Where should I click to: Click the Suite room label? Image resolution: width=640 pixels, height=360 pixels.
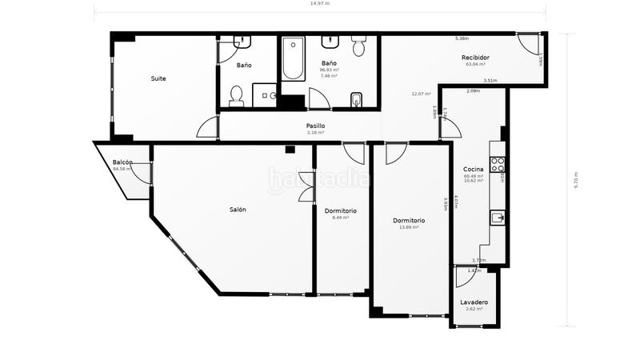(158, 78)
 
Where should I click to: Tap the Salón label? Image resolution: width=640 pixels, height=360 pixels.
(238, 210)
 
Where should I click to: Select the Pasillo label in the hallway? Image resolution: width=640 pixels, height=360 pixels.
(315, 126)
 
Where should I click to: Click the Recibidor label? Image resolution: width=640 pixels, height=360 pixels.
(475, 57)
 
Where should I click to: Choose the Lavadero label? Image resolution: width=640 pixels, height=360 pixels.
(474, 302)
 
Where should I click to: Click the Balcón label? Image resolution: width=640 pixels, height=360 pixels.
(122, 162)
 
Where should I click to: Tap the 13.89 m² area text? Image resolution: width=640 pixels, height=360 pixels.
(409, 227)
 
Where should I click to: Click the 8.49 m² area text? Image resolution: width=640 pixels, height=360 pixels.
(340, 218)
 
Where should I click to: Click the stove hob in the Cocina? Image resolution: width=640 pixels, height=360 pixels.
(497, 165)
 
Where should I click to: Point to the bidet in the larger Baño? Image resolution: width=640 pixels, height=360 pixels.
(356, 99)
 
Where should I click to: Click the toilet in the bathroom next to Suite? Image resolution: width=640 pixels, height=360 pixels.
(235, 98)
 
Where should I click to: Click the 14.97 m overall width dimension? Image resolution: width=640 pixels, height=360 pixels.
(320, 4)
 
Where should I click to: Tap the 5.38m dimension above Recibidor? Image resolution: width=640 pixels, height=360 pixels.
(462, 38)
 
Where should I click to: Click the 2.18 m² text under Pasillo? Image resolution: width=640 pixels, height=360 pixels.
(315, 133)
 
